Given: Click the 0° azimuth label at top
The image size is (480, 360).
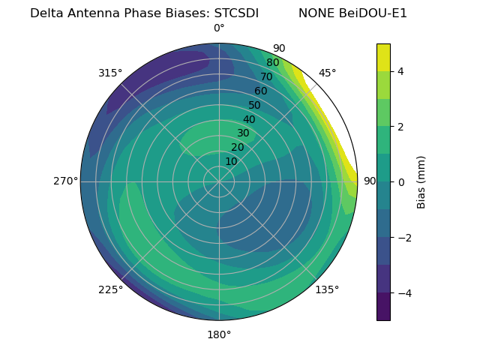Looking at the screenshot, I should pos(219,28).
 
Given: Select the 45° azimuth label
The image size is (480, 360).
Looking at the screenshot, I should pos(327,73).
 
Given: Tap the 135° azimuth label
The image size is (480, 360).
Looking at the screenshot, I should pos(327,290).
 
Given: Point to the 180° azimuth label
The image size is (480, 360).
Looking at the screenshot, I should pos(219,334).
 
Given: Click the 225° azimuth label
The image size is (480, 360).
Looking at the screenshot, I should pos(110,290).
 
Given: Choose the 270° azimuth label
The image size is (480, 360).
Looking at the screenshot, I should pos(65,181).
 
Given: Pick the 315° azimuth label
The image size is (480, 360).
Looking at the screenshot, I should pos(110,73).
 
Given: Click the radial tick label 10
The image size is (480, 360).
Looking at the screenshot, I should pos(231,161).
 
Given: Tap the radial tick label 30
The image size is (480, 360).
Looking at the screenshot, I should pos(243,133).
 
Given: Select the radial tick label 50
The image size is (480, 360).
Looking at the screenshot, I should pos(254,106).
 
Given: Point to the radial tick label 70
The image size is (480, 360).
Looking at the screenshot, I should pos(266,77).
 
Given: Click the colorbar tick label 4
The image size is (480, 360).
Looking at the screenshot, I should pos(401,71).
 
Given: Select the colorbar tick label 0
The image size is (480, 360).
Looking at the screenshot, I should pos(401,181).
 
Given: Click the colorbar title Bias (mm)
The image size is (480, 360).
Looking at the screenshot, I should pos(421,181).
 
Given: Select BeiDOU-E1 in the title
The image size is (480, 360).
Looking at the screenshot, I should pos(373,13).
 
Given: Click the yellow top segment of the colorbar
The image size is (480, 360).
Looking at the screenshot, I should pos(383,57).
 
